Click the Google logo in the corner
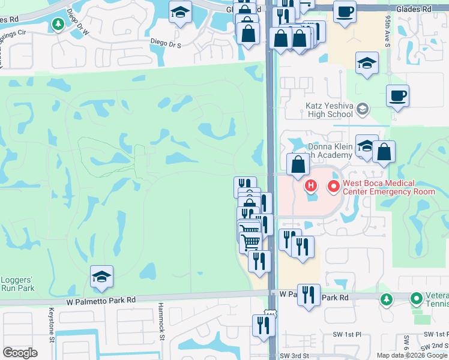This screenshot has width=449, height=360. tap(20, 353)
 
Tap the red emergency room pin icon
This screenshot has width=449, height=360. tap(333, 187)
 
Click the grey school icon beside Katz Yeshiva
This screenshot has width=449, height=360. tap(362, 109)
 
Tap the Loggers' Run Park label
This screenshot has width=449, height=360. tap(17, 283)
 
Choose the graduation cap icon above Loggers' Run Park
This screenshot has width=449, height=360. tap(101, 277)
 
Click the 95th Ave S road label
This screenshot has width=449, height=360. tap(388, 31)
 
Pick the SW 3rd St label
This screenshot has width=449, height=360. tap(295, 355)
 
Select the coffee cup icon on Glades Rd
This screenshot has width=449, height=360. tap(345, 11)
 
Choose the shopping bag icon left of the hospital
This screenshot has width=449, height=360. tap(298, 164)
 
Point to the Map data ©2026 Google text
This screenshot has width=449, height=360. tap(412, 355)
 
